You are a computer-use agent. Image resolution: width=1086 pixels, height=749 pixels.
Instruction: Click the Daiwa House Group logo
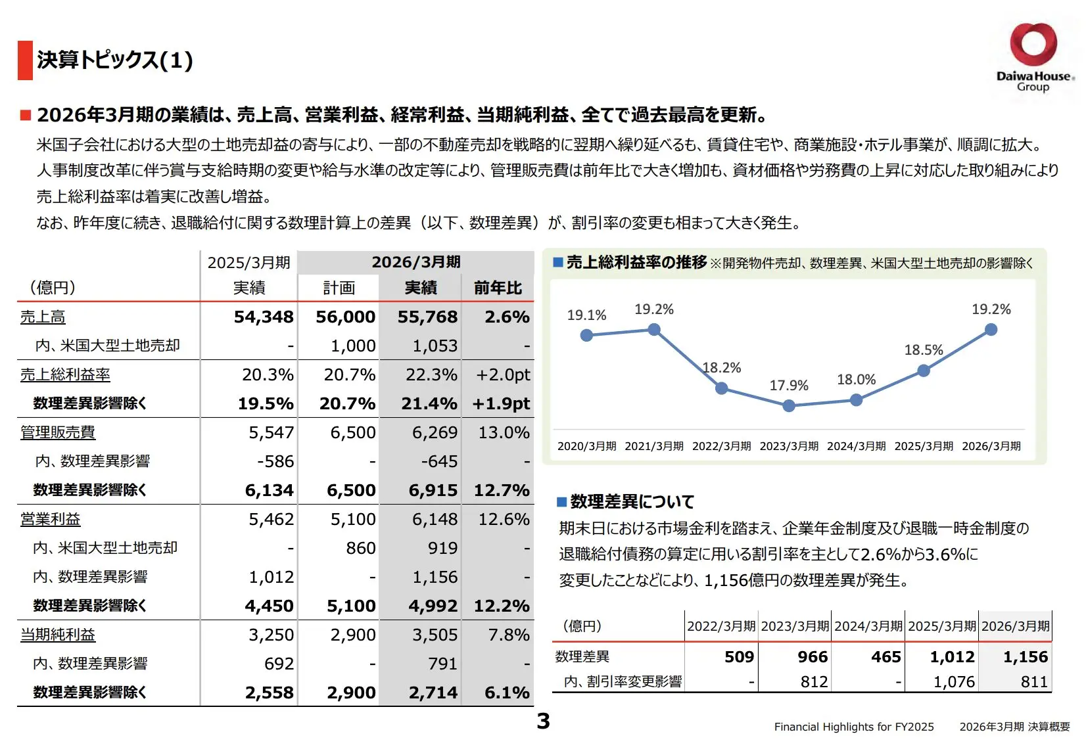[1034, 57]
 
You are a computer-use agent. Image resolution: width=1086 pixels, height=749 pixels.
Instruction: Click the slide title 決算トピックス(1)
[115, 60]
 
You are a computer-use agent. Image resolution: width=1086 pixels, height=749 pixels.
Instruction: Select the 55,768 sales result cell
[427, 317]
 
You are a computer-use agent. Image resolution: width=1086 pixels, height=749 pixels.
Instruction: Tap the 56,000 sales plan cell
[345, 317]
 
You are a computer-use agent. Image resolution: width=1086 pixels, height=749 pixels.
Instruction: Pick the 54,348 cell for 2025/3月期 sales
[264, 317]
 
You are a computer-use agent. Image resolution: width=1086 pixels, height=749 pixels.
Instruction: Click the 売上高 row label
[43, 317]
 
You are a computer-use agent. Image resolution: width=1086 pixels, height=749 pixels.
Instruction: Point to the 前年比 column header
[498, 288]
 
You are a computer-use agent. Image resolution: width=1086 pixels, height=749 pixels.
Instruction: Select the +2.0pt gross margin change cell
[503, 374]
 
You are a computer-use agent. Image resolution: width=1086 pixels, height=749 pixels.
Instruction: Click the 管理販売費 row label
[58, 432]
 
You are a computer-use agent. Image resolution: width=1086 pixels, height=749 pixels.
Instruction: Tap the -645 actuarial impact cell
[438, 461]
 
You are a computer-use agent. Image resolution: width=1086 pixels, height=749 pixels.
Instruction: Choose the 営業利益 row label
[51, 519]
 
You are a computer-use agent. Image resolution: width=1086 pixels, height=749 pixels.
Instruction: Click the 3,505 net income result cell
[435, 635]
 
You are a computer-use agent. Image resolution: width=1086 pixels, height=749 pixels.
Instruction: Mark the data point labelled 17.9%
[789, 405]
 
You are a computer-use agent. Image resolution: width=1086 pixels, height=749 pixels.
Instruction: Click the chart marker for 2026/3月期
[991, 329]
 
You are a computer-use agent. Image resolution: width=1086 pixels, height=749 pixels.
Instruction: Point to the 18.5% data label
[924, 350]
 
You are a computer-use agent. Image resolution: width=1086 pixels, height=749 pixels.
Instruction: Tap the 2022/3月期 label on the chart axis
[721, 445]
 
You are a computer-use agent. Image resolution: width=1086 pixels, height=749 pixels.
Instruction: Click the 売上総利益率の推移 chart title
[636, 262]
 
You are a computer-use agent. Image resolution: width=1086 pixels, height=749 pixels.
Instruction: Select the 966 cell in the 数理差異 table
[813, 656]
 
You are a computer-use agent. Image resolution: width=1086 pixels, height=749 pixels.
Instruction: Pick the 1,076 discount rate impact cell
[954, 682]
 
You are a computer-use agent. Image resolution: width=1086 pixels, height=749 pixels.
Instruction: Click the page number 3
[544, 721]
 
